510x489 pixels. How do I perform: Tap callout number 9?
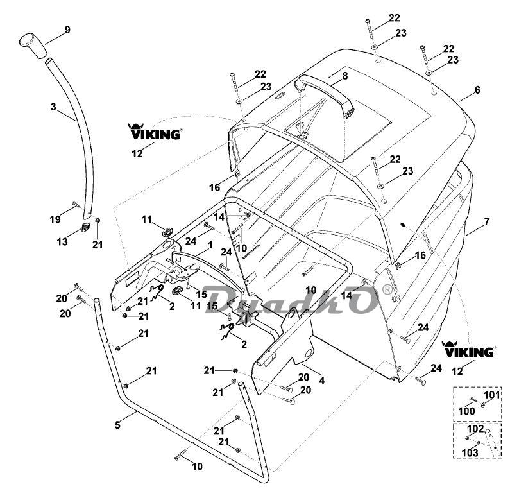pos(67,30)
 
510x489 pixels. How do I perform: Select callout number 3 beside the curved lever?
pos(53,107)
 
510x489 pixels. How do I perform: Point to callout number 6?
pos(477,90)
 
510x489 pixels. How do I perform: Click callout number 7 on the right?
pos(486,221)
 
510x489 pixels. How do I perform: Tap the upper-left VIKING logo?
pos(155,133)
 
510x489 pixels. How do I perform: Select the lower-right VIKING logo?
pos(468,352)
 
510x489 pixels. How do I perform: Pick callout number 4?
pos(321,381)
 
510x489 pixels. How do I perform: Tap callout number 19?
pos(56,219)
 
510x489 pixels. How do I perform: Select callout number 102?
pos(475,429)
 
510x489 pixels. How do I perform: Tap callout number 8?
pos(344,76)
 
